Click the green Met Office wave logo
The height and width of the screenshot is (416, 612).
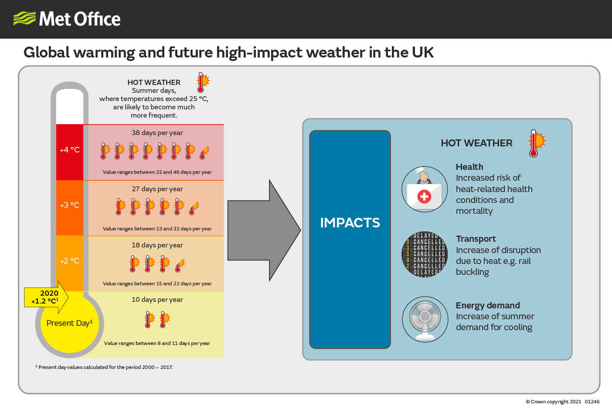[x=24, y=19]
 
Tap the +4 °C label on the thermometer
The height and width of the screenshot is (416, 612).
[x=70, y=150]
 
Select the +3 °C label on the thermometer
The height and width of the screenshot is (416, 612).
[x=70, y=205]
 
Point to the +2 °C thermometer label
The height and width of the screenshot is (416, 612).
[x=70, y=261]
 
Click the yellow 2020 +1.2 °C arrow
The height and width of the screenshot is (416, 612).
[x=46, y=297]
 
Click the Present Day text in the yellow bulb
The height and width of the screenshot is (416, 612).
[x=69, y=323]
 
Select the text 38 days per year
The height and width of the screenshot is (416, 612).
[x=157, y=133]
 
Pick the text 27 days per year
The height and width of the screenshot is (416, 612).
[x=157, y=189]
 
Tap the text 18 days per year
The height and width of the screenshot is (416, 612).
[x=157, y=245]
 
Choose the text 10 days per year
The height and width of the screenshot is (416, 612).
[x=157, y=299]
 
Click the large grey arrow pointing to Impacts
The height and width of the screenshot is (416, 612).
[x=264, y=230]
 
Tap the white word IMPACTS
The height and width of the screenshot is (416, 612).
[x=350, y=223]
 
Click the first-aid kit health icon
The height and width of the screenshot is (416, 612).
[x=425, y=189]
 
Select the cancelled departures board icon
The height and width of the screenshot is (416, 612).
[x=425, y=254]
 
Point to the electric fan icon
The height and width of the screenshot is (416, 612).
[x=425, y=319]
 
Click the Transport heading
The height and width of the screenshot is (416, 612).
[x=476, y=239]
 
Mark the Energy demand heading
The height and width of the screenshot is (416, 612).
[x=488, y=305]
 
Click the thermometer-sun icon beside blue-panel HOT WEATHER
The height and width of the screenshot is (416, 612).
[x=537, y=143]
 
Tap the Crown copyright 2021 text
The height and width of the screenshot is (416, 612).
[x=554, y=402]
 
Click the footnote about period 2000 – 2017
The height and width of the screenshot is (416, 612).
[x=104, y=367]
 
